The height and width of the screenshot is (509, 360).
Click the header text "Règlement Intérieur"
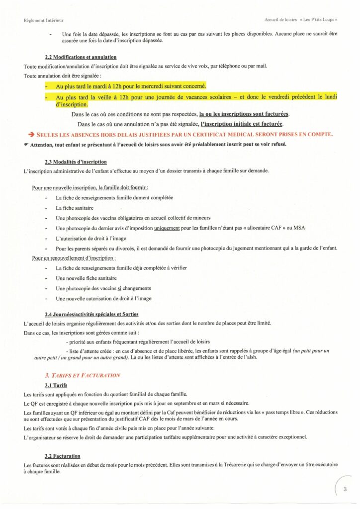[44, 20]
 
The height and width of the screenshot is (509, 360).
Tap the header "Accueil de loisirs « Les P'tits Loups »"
[301, 20]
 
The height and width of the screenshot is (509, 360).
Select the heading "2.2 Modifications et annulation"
[81, 57]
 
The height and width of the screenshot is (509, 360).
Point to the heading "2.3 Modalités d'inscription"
[76, 162]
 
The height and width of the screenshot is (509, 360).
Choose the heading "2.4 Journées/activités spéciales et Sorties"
[91, 314]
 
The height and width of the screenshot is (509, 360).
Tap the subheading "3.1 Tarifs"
[56, 385]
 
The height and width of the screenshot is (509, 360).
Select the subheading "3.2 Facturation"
[63, 456]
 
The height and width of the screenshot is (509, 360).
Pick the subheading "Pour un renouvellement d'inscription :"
[74, 258]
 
